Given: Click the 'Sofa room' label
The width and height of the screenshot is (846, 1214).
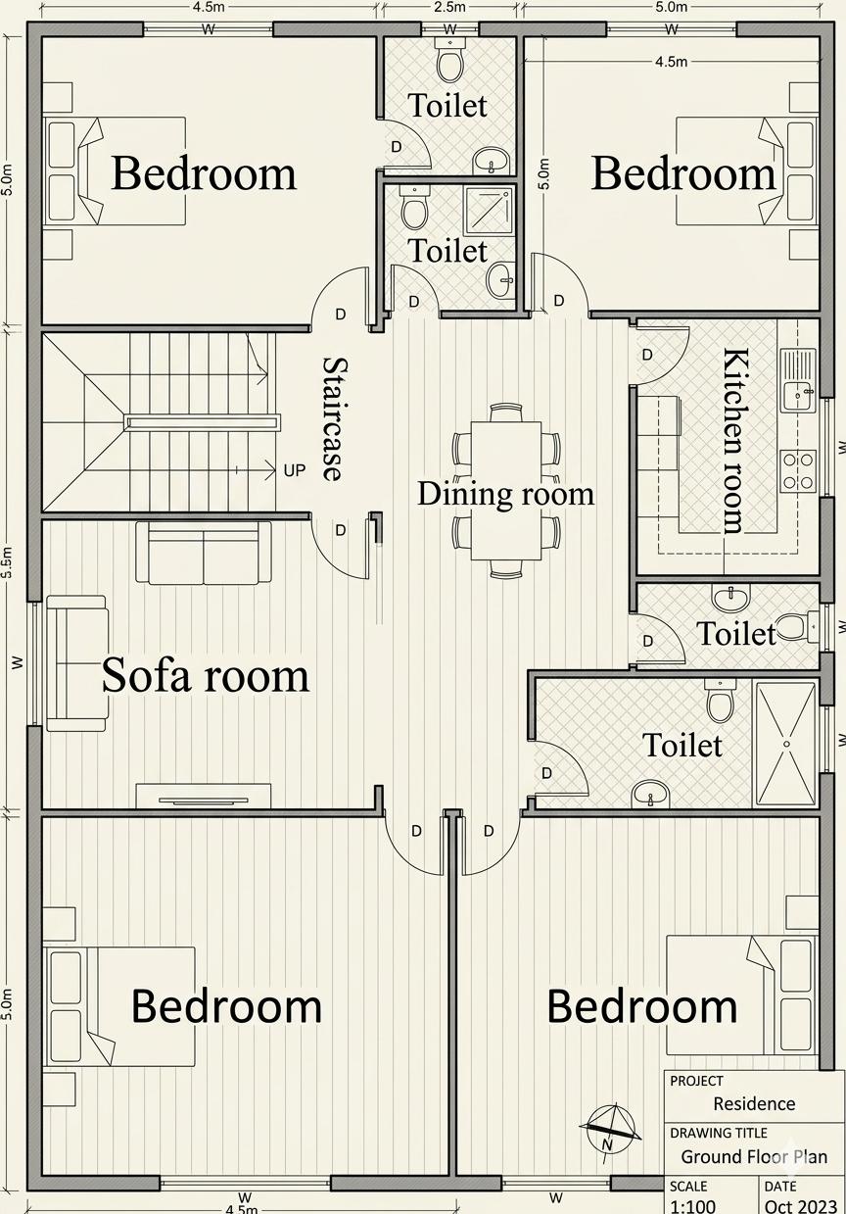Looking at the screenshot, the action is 206,675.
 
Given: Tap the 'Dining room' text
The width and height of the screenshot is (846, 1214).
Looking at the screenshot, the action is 505,494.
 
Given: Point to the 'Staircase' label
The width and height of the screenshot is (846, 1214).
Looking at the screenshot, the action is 333,419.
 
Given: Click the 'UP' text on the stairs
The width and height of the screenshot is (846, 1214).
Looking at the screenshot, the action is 294,470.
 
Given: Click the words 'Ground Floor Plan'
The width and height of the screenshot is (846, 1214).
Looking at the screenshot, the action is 754,1156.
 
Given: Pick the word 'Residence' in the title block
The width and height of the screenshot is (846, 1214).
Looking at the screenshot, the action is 754,1103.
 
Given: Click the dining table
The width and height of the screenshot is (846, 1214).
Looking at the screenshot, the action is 506,491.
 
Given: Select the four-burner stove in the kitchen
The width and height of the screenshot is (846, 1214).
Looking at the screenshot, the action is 798,471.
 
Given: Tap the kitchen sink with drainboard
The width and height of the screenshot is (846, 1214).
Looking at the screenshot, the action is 798,379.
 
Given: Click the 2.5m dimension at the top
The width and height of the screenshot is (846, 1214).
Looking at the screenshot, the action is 450,7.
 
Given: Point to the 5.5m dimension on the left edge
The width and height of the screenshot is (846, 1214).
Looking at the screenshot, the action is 7,562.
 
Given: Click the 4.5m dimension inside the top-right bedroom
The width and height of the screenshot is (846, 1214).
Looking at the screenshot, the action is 671,62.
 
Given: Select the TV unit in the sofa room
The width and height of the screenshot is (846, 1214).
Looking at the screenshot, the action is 203,797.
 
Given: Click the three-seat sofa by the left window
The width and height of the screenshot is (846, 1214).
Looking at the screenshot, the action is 76,663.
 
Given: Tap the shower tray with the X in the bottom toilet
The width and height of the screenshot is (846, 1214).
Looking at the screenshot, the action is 785,744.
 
